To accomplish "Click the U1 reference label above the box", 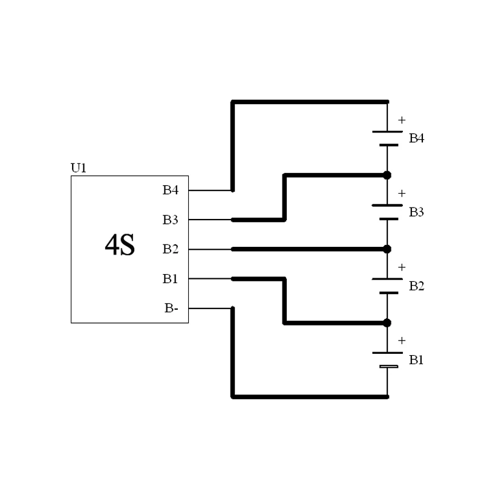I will point(79,168).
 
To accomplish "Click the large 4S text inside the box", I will point(120,246).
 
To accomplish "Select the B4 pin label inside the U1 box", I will point(171,190).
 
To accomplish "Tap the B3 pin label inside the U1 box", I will point(171,220).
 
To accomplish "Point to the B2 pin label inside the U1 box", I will point(171,249).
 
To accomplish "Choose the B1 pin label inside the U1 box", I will point(171,278).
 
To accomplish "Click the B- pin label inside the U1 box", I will point(171,308).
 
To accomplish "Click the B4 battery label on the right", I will point(416,139).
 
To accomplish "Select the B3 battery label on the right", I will point(416,212).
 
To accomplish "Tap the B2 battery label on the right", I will point(416,286).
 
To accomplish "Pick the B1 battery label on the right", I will point(416,360).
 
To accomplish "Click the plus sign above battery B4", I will point(402,120).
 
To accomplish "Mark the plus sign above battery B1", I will point(402,341).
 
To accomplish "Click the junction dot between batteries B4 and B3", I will point(387,175).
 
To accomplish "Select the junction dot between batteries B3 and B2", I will point(387,249).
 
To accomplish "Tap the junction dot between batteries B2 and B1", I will point(387,323).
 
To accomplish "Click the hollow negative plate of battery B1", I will point(388,367).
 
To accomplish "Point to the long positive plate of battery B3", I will point(387,205).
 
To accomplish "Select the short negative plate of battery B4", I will point(388,145).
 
